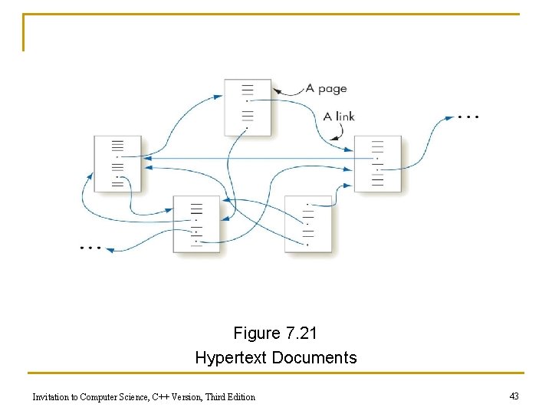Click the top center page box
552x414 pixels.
(248, 107)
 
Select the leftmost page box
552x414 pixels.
(117, 163)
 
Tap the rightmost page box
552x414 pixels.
(377, 163)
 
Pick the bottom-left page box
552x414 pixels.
(195, 223)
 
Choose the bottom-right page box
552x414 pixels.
(308, 223)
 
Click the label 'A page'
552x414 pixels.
(326, 89)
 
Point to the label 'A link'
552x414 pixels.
(339, 117)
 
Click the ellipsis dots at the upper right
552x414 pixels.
(468, 117)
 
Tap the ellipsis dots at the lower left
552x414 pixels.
(90, 248)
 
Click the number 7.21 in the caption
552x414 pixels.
(301, 333)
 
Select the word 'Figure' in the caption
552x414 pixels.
(257, 333)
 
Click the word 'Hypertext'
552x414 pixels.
(232, 358)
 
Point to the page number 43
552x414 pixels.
(514, 396)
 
